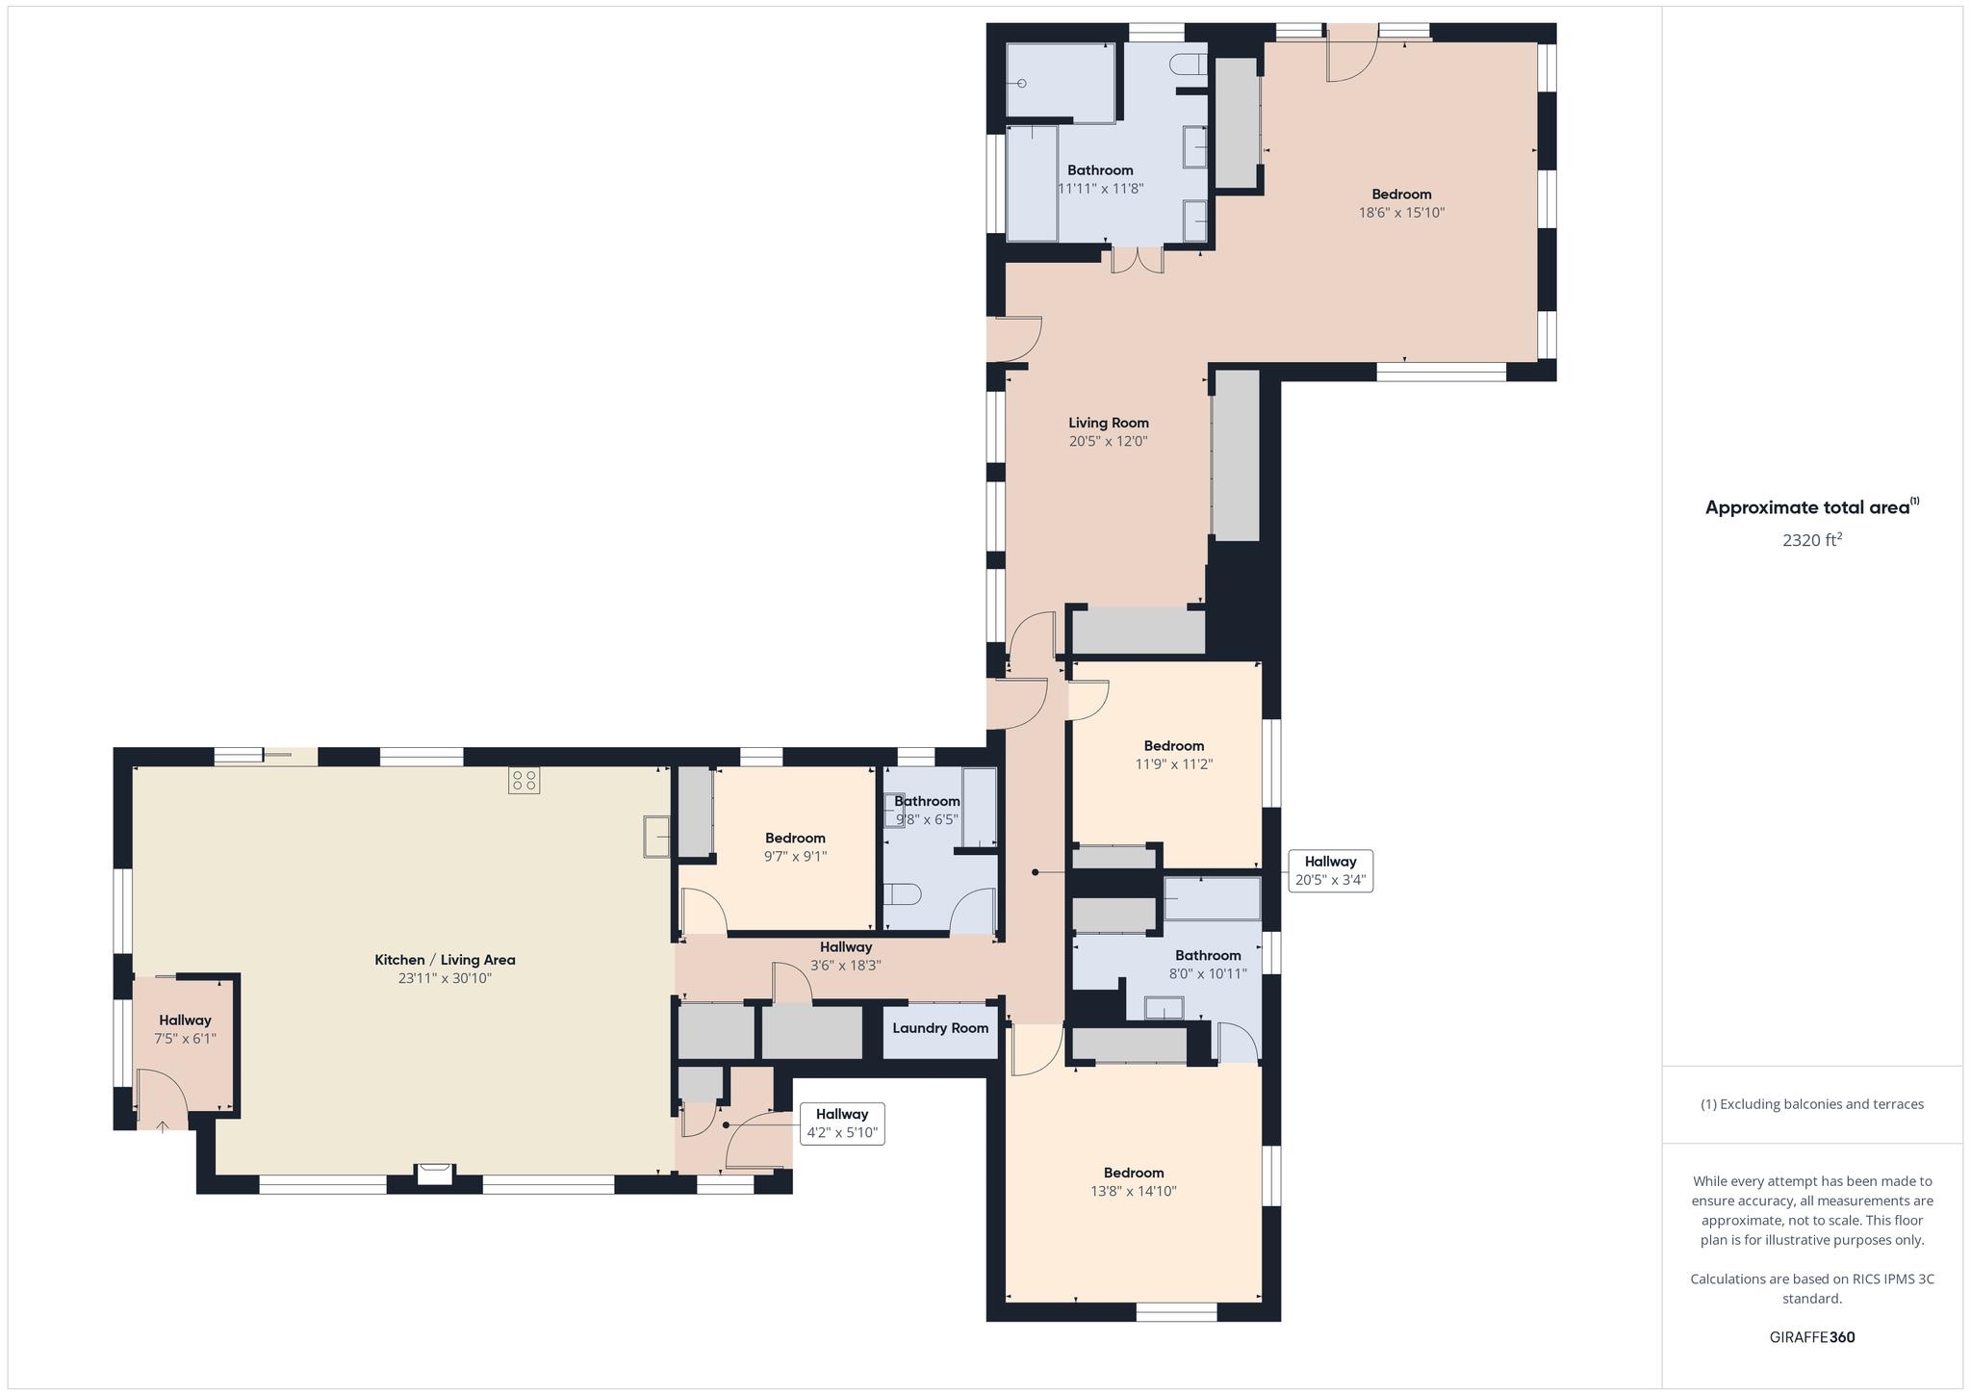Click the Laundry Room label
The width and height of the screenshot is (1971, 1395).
[940, 1028]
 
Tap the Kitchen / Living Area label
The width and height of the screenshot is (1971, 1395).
[445, 960]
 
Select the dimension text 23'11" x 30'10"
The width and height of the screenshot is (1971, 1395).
[445, 978]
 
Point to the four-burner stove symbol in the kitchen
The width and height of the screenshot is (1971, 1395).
[525, 780]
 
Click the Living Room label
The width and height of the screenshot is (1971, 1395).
[1109, 423]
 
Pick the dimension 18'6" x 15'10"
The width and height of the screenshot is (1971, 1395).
[1401, 213]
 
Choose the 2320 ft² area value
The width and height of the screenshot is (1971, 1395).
[1812, 540]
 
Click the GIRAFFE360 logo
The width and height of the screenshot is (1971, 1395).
[1812, 1337]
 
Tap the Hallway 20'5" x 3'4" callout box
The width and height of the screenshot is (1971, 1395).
[1330, 870]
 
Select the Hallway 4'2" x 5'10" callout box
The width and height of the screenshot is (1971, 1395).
[842, 1123]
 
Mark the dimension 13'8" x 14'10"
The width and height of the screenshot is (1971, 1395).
[1134, 1191]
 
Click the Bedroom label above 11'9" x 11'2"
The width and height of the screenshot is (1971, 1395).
[1174, 746]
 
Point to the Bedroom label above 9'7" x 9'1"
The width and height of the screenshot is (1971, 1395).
[795, 839]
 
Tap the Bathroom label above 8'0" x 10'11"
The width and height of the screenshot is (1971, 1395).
[1208, 955]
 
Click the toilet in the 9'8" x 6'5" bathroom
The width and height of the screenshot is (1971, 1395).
[902, 895]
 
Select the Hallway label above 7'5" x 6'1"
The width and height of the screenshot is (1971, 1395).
[185, 1020]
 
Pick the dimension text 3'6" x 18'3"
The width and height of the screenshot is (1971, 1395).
[845, 966]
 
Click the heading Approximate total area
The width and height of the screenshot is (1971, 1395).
[1812, 507]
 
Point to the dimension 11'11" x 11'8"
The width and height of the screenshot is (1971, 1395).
[1100, 189]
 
